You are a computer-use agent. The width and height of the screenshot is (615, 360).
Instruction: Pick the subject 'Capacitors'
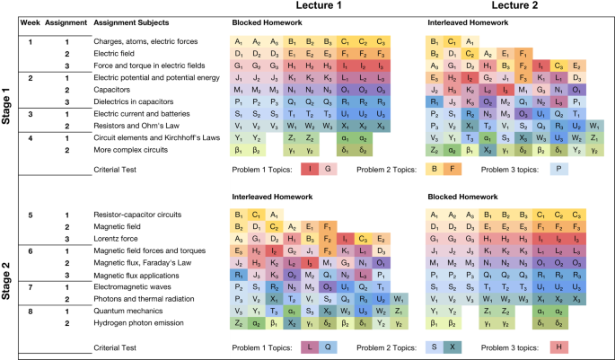pos(113,90)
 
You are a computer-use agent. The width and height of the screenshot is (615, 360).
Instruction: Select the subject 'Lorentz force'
pos(118,240)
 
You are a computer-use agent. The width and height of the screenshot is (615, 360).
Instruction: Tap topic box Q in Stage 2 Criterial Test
pos(328,347)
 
